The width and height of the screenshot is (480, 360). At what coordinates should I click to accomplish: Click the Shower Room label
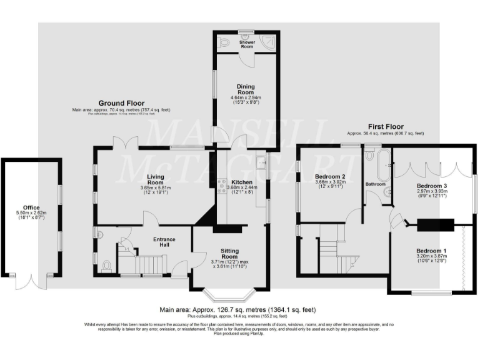click(246, 44)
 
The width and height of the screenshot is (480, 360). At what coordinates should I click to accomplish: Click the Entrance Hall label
click(164, 241)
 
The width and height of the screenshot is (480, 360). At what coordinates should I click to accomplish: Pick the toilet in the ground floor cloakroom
click(106, 266)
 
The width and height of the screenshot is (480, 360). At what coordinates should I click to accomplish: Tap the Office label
click(31, 207)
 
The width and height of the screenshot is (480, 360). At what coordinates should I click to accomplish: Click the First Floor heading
click(385, 127)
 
